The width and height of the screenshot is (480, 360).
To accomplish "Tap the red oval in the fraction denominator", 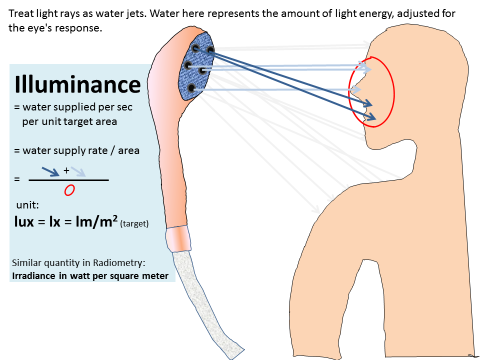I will pyautogui.click(x=69, y=190).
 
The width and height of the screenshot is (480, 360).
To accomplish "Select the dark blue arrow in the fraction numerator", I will pyautogui.click(x=50, y=171).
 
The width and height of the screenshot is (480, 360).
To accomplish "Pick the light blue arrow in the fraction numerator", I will pyautogui.click(x=78, y=172).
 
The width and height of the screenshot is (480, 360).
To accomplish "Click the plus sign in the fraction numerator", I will pyautogui.click(x=66, y=170).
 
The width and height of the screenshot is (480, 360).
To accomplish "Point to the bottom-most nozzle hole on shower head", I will pyautogui.click(x=191, y=88).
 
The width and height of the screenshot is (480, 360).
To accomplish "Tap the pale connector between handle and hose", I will pyautogui.click(x=178, y=238).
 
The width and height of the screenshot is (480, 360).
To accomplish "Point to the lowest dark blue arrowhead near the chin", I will pyautogui.click(x=371, y=117).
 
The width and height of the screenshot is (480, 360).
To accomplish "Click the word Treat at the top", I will pyautogui.click(x=20, y=13).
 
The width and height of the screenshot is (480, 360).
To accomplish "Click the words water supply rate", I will pyautogui.click(x=65, y=150).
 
